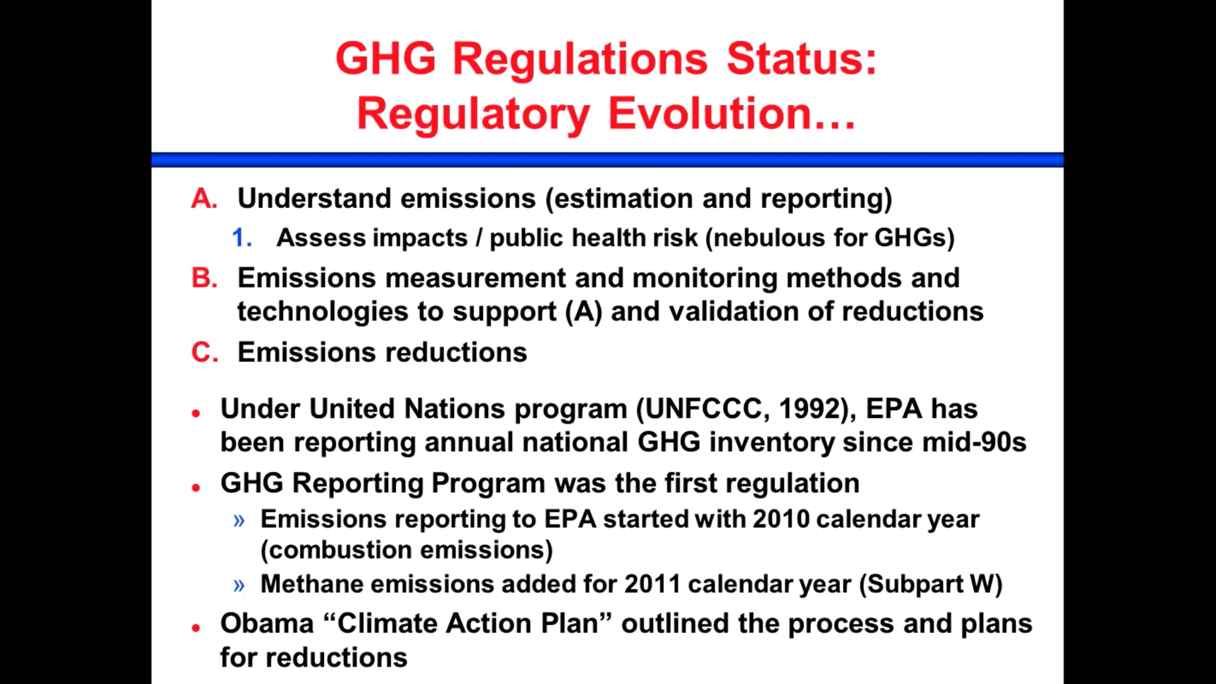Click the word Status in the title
(x=795, y=59)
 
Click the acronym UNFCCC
(x=704, y=409)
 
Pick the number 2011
(x=652, y=584)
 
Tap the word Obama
(x=267, y=624)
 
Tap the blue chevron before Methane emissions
(x=239, y=586)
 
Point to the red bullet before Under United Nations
(x=196, y=413)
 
